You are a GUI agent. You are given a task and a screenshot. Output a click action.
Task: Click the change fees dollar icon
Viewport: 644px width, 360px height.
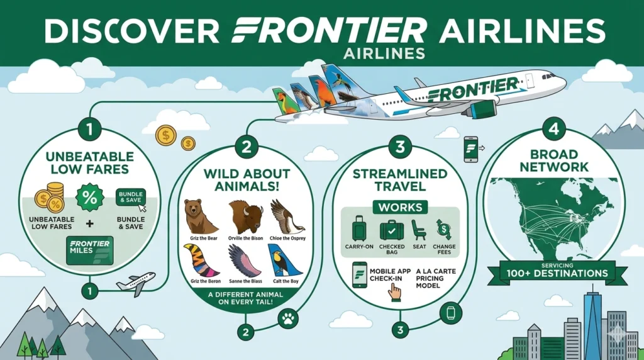pos(445,229)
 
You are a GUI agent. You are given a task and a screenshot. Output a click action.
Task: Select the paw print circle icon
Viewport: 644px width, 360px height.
pos(288,319)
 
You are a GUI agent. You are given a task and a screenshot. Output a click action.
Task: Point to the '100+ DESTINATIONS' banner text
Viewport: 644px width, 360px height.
pos(558,273)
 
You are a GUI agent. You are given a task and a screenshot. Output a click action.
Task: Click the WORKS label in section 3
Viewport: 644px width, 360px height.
pos(400,207)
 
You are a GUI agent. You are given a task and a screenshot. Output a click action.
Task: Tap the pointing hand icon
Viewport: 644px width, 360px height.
pos(395,290)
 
